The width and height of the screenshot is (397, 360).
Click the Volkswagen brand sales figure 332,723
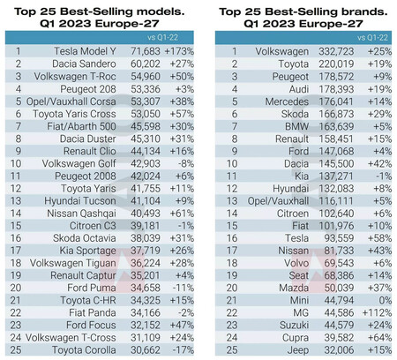pyautogui.click(x=335, y=52)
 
